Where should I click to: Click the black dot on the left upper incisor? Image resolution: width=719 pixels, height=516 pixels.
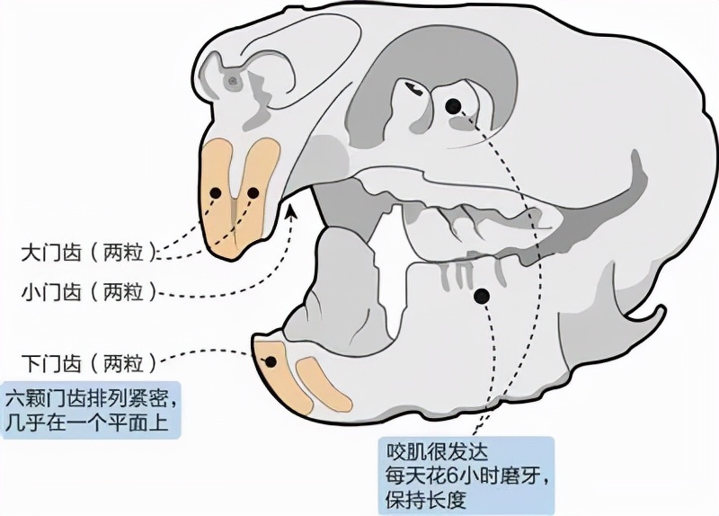(215, 193)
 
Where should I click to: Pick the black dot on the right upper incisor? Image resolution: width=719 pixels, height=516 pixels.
(253, 192)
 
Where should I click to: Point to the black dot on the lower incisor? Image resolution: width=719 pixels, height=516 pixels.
(270, 362)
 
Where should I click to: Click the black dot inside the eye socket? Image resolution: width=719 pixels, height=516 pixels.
(453, 107)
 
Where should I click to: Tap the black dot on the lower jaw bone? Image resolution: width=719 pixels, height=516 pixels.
(482, 295)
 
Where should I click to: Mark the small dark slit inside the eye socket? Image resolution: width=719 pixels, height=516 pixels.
(414, 88)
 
